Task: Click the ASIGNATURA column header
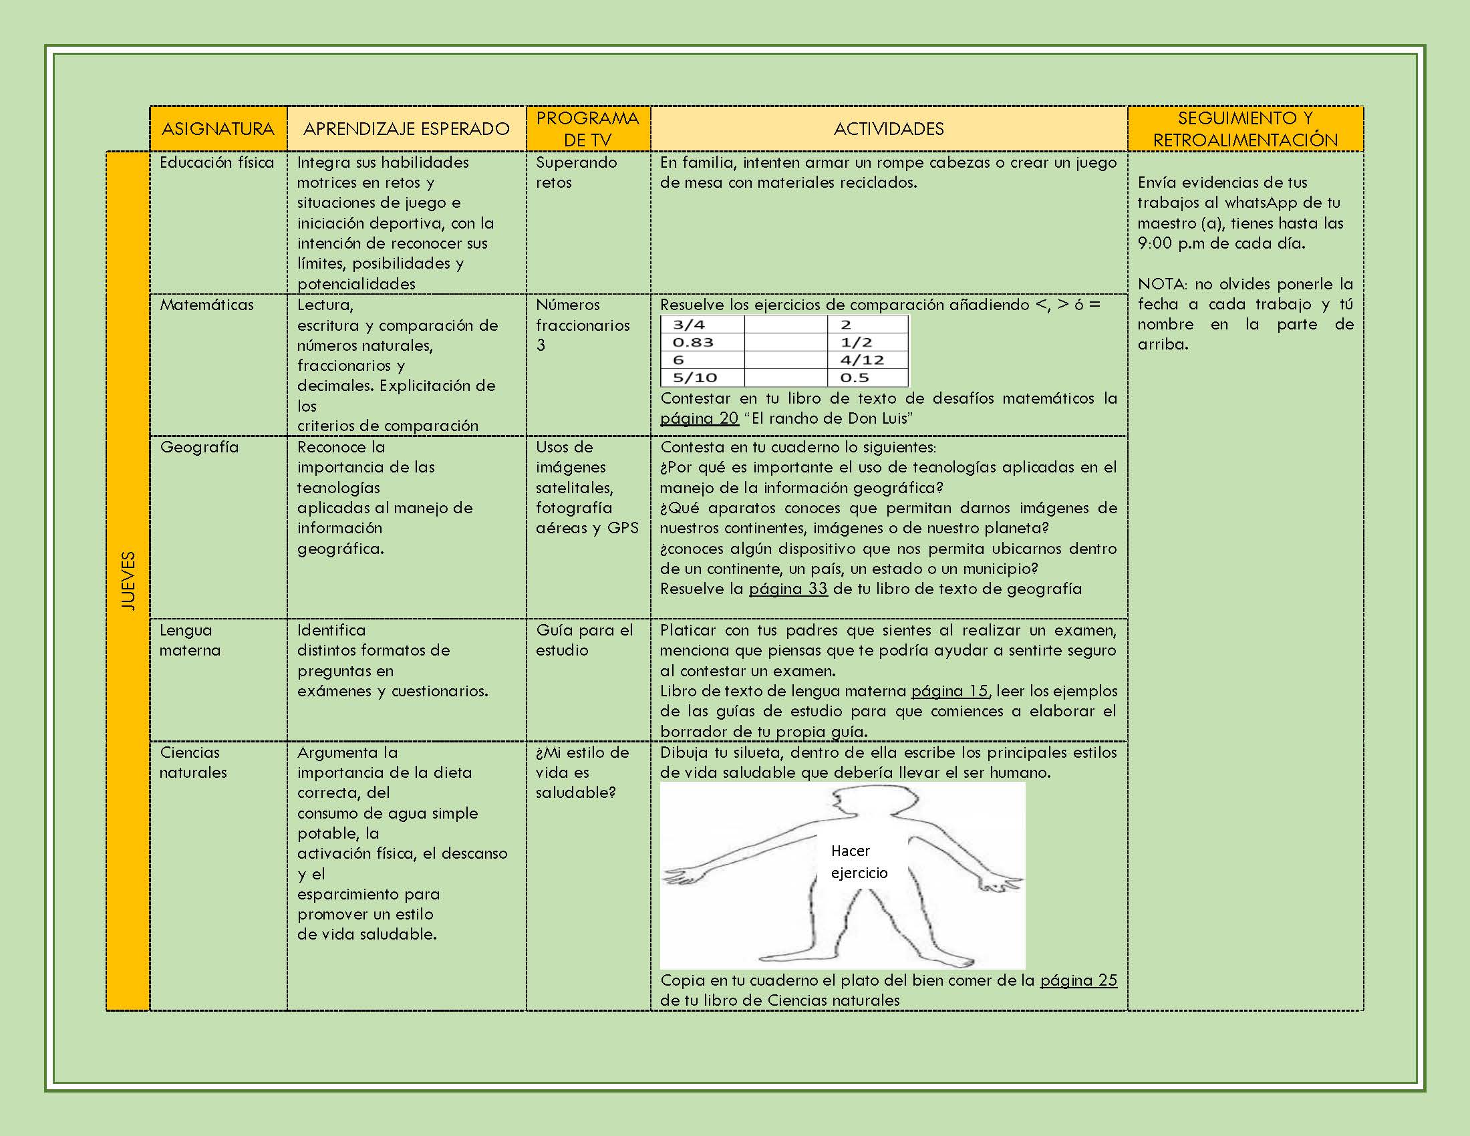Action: [x=218, y=128]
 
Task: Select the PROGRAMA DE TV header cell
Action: [x=587, y=128]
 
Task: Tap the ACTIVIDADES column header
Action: [x=889, y=128]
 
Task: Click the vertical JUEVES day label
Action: [x=128, y=581]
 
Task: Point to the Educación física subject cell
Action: [x=216, y=162]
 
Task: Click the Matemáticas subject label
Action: [x=206, y=305]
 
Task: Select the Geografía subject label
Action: [x=199, y=447]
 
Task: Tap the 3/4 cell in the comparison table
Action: [x=688, y=324]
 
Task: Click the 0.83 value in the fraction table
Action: [x=693, y=342]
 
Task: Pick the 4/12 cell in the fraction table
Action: [x=861, y=360]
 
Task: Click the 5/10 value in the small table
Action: [x=695, y=378]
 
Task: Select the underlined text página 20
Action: [x=699, y=418]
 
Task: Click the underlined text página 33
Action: [x=788, y=589]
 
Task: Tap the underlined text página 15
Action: [x=949, y=691]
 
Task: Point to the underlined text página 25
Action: [x=1078, y=980]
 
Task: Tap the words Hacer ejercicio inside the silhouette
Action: [x=858, y=862]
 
